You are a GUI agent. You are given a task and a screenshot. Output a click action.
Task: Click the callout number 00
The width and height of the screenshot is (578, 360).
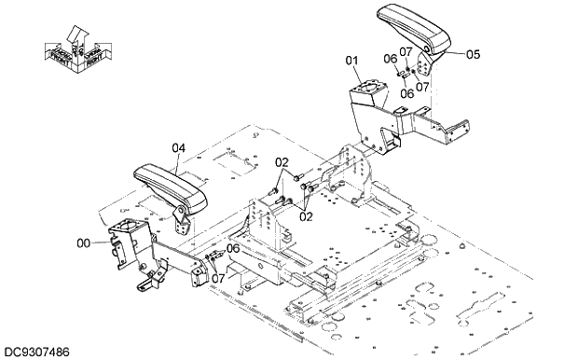(83, 242)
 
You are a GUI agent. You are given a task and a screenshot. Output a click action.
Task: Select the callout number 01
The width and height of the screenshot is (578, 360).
(352, 61)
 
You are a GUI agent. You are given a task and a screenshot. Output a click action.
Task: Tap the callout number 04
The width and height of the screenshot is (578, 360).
(179, 146)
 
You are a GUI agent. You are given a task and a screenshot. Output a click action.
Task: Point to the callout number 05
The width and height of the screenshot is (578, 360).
(473, 54)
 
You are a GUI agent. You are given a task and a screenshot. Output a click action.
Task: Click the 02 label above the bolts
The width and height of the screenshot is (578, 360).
(281, 162)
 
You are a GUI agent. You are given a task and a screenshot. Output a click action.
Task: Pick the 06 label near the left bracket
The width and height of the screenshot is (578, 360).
(233, 248)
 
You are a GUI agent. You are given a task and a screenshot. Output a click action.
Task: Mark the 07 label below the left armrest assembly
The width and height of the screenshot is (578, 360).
(216, 277)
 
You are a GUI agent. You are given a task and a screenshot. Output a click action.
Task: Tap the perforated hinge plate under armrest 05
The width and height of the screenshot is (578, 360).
(427, 71)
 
